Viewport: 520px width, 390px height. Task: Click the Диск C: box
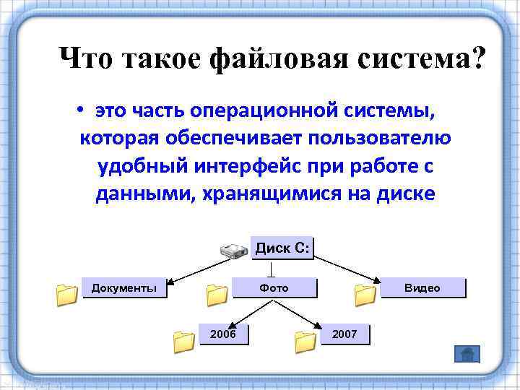283,249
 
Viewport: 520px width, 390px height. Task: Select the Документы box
123,288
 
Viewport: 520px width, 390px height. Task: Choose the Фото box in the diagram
274,288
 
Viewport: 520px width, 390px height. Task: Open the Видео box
422,288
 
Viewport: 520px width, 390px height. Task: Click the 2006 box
222,334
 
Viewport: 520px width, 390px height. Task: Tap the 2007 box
344,334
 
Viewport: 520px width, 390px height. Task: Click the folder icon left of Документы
66,295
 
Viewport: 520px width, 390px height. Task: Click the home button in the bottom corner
467,354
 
